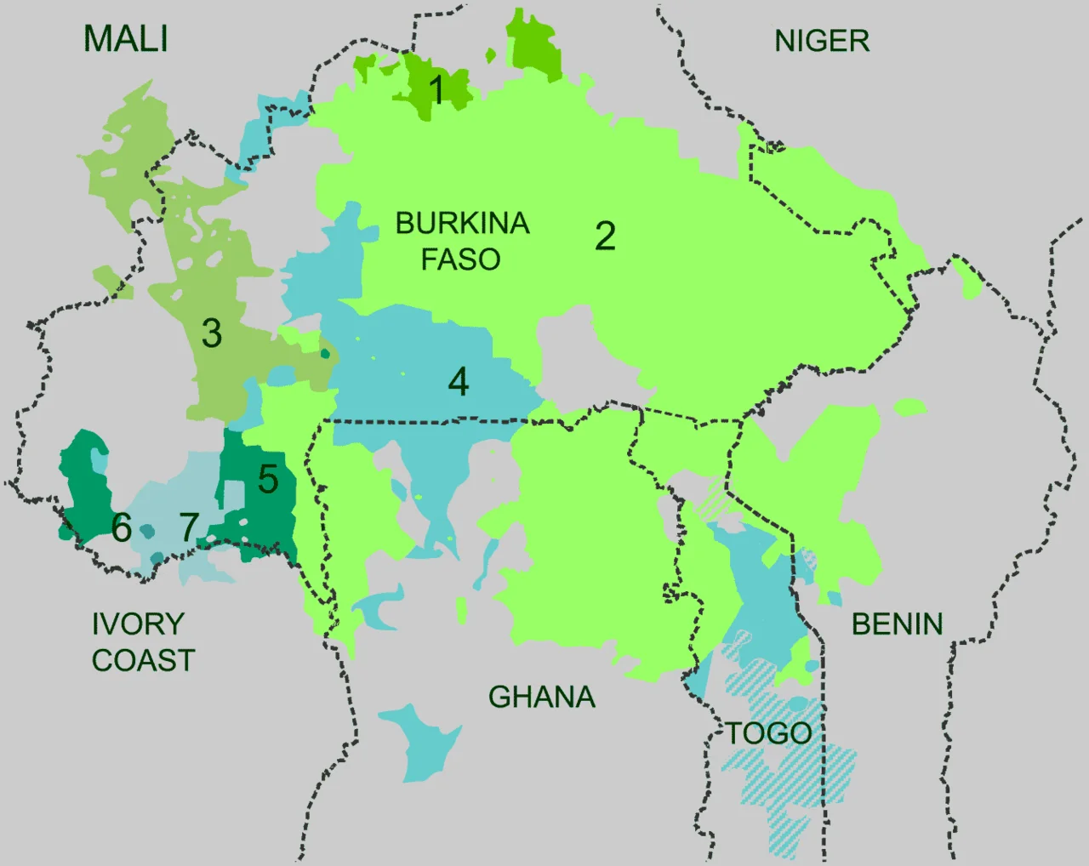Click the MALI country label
tap(126, 39)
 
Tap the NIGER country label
tap(822, 41)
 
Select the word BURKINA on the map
tap(462, 224)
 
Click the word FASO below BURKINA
tap(460, 259)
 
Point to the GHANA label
tap(541, 698)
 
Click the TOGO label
tap(768, 733)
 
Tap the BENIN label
tap(897, 624)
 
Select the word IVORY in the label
tap(138, 624)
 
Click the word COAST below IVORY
tap(143, 661)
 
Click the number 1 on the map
tap(436, 89)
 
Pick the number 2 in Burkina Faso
tap(605, 236)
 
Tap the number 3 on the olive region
tap(212, 333)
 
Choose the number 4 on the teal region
tap(459, 383)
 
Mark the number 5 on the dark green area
tap(268, 480)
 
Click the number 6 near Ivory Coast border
tap(122, 528)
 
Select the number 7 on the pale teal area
tap(189, 528)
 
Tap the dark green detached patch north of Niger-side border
tap(533, 47)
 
